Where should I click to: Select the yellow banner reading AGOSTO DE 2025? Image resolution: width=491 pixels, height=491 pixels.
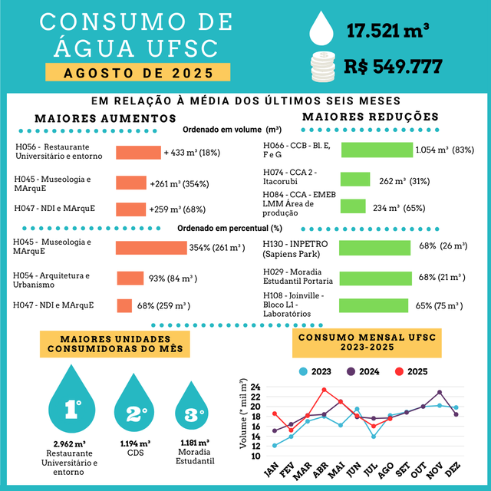[137, 73]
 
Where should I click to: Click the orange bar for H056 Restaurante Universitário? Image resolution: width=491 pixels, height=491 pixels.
[138, 153]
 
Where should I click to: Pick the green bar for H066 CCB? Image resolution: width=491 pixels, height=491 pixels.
[377, 150]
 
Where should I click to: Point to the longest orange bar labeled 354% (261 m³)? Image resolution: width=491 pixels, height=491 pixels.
[151, 248]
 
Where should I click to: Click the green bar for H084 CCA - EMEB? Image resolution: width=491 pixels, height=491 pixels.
[353, 206]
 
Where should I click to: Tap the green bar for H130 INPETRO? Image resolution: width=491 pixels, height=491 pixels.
[374, 248]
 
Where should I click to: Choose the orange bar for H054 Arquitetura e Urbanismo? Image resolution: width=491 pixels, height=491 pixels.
[130, 278]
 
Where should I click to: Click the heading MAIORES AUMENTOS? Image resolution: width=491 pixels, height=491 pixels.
[95, 118]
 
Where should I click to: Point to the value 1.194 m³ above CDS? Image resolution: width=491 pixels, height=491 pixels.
[135, 443]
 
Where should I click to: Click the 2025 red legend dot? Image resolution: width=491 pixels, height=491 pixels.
[399, 371]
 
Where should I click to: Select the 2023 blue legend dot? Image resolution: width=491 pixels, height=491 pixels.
[303, 371]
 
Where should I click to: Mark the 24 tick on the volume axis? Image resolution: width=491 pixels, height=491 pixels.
[255, 387]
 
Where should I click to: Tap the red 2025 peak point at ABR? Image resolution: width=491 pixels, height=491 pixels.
[324, 390]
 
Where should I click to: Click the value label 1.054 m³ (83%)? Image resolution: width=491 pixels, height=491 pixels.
[444, 150]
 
